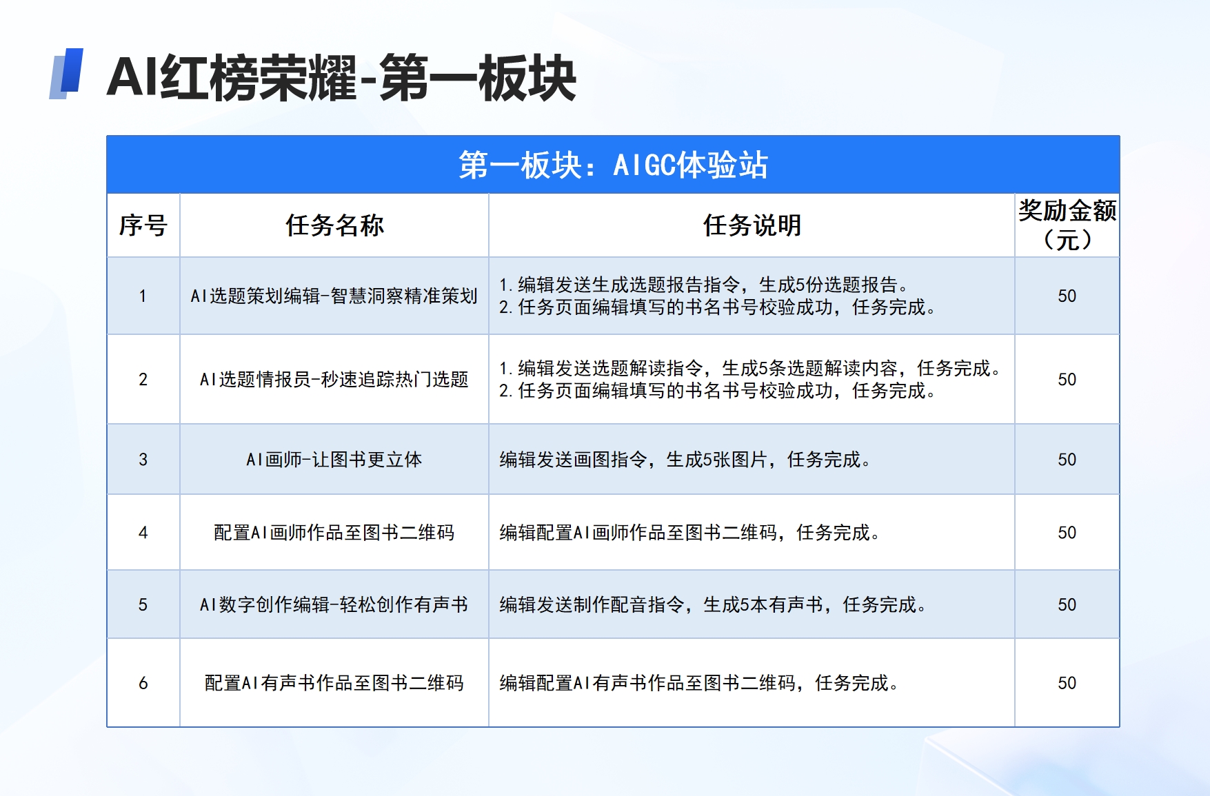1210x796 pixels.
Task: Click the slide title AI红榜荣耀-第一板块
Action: (x=341, y=78)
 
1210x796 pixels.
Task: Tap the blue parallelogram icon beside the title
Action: (x=66, y=74)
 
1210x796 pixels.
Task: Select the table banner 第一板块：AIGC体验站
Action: (x=613, y=165)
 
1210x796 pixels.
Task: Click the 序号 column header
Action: (x=143, y=225)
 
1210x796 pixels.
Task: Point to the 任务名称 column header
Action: (x=334, y=225)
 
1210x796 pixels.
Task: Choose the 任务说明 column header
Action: (x=752, y=225)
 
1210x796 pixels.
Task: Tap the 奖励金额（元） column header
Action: (x=1067, y=225)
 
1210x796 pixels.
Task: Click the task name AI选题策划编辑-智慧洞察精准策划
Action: (x=334, y=296)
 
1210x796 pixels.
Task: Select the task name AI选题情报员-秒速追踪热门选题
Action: (x=334, y=379)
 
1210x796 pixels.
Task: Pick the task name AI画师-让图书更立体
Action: (x=334, y=459)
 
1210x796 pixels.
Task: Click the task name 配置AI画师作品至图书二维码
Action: (x=334, y=532)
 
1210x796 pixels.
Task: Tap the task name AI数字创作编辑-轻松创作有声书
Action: (x=334, y=604)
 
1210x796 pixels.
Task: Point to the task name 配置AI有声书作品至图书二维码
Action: (x=334, y=682)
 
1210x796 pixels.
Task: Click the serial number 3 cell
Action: (x=143, y=459)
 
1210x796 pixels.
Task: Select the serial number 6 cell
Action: (x=143, y=682)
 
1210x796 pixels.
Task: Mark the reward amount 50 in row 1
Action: (x=1067, y=296)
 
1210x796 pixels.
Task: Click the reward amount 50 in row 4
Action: (x=1067, y=532)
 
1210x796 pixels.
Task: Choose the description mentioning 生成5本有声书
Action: (x=713, y=604)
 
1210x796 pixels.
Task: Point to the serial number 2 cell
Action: (x=143, y=379)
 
